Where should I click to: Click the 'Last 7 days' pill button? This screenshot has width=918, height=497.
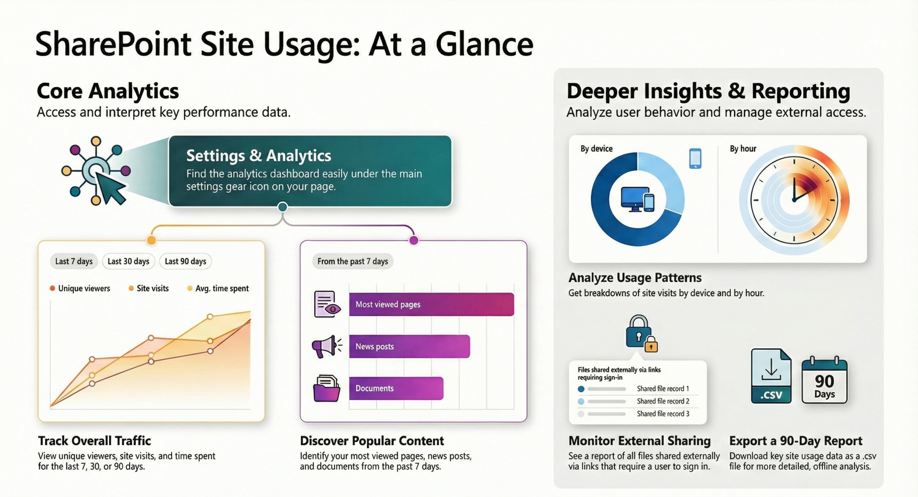point(74,261)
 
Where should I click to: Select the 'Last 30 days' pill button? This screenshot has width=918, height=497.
point(128,261)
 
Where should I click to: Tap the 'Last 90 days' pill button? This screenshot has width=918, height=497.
point(185,261)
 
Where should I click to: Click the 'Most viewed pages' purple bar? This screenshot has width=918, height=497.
point(431,304)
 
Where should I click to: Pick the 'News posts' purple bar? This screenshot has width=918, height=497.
point(409,346)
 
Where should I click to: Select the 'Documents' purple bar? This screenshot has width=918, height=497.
point(396,388)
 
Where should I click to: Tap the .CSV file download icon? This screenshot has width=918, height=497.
point(771,376)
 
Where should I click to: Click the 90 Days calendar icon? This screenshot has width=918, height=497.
point(824,380)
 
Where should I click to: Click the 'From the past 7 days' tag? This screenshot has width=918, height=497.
point(353,261)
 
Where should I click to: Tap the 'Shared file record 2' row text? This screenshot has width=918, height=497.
point(663,401)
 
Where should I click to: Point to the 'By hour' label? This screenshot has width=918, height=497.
point(742,149)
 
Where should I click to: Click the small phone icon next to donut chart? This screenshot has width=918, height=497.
point(695,158)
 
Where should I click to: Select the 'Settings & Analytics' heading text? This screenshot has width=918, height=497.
point(258,155)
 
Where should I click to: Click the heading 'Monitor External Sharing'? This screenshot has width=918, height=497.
point(639,441)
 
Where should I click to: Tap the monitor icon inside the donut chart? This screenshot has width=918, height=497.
point(634,199)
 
